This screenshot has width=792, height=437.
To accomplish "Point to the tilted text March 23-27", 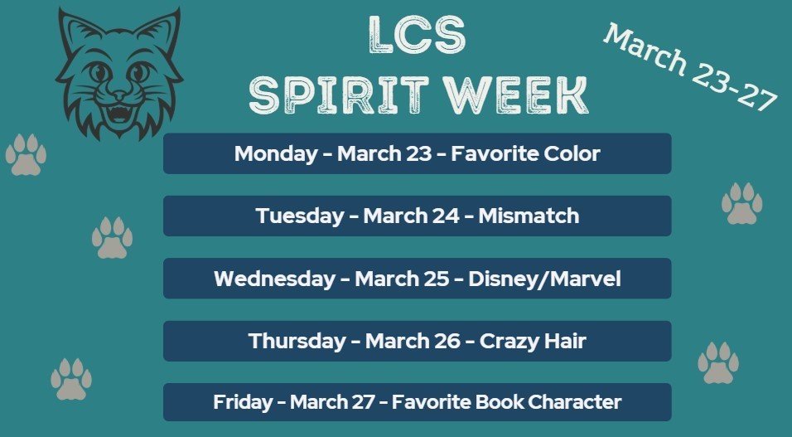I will point(689,66).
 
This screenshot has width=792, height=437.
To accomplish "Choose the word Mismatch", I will point(528,216).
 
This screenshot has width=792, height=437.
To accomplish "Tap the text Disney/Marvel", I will point(544,279).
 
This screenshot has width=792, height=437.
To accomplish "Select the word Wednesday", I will point(273,279).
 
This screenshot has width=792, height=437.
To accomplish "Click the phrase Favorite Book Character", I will point(506,403).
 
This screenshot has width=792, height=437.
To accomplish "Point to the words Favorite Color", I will point(525,153).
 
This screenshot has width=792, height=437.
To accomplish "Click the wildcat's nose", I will point(120,92).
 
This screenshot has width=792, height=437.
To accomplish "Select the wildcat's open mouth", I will point(119,112).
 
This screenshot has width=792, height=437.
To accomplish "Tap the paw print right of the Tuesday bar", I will point(741,204).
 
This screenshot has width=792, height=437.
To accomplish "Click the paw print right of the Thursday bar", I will point(718,363).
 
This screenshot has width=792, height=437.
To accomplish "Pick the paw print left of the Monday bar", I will point(26,154).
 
